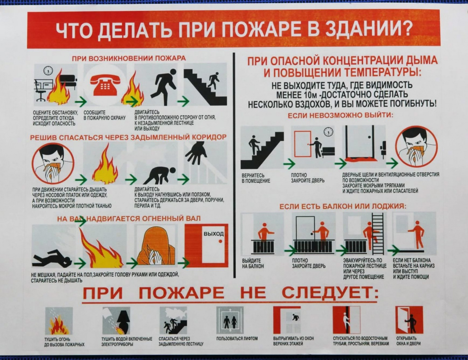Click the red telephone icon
[105, 85]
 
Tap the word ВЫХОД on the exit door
[214, 233]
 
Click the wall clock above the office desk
[48, 70]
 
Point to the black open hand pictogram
[196, 153]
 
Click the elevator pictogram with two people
[230, 320]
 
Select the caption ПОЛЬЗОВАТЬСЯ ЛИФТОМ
[237, 338]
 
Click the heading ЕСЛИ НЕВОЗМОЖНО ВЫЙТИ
[340, 115]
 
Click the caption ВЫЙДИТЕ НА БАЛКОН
[253, 263]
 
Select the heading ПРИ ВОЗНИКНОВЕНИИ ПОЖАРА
[128, 58]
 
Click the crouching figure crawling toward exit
[160, 175]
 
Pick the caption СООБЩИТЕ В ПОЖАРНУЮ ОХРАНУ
[105, 115]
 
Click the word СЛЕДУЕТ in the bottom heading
[330, 292]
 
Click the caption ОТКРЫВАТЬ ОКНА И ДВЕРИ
[408, 341]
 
